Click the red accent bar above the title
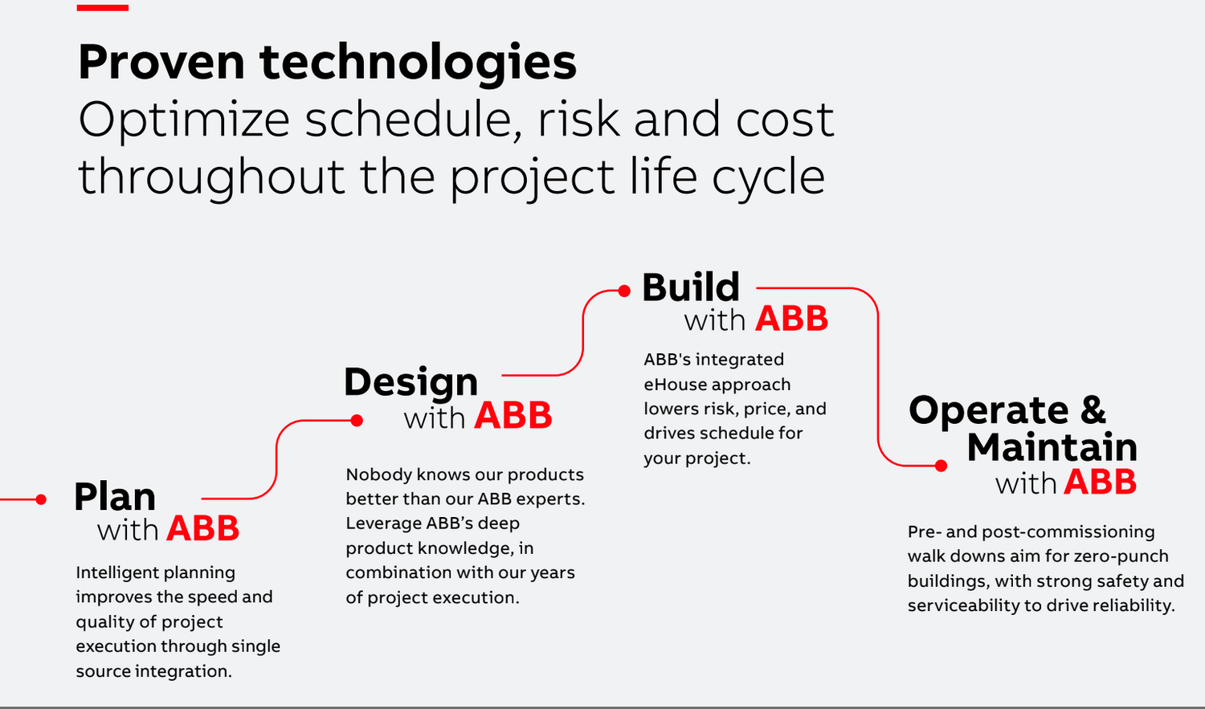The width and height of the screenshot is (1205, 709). pyautogui.click(x=102, y=7)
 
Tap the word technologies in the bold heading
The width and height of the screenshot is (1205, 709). pyautogui.click(x=418, y=64)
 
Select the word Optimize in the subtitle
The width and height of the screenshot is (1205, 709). pyautogui.click(x=184, y=120)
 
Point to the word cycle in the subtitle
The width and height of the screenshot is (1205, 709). pyautogui.click(x=769, y=178)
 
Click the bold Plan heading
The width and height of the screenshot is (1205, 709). pyautogui.click(x=115, y=496)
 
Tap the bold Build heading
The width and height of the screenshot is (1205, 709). pyautogui.click(x=691, y=287)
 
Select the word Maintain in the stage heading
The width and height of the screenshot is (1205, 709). pyautogui.click(x=1052, y=446)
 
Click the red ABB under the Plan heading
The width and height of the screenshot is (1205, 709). pyautogui.click(x=202, y=528)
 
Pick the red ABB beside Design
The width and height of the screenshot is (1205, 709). pyautogui.click(x=513, y=415)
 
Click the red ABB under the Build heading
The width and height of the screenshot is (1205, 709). pyautogui.click(x=791, y=319)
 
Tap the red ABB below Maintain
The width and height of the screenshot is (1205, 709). pyautogui.click(x=1100, y=482)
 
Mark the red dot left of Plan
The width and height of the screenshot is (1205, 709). pyautogui.click(x=41, y=499)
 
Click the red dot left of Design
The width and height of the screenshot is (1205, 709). pyautogui.click(x=357, y=421)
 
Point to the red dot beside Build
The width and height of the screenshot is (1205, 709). pyautogui.click(x=624, y=291)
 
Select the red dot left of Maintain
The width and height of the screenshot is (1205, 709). pyautogui.click(x=941, y=466)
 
